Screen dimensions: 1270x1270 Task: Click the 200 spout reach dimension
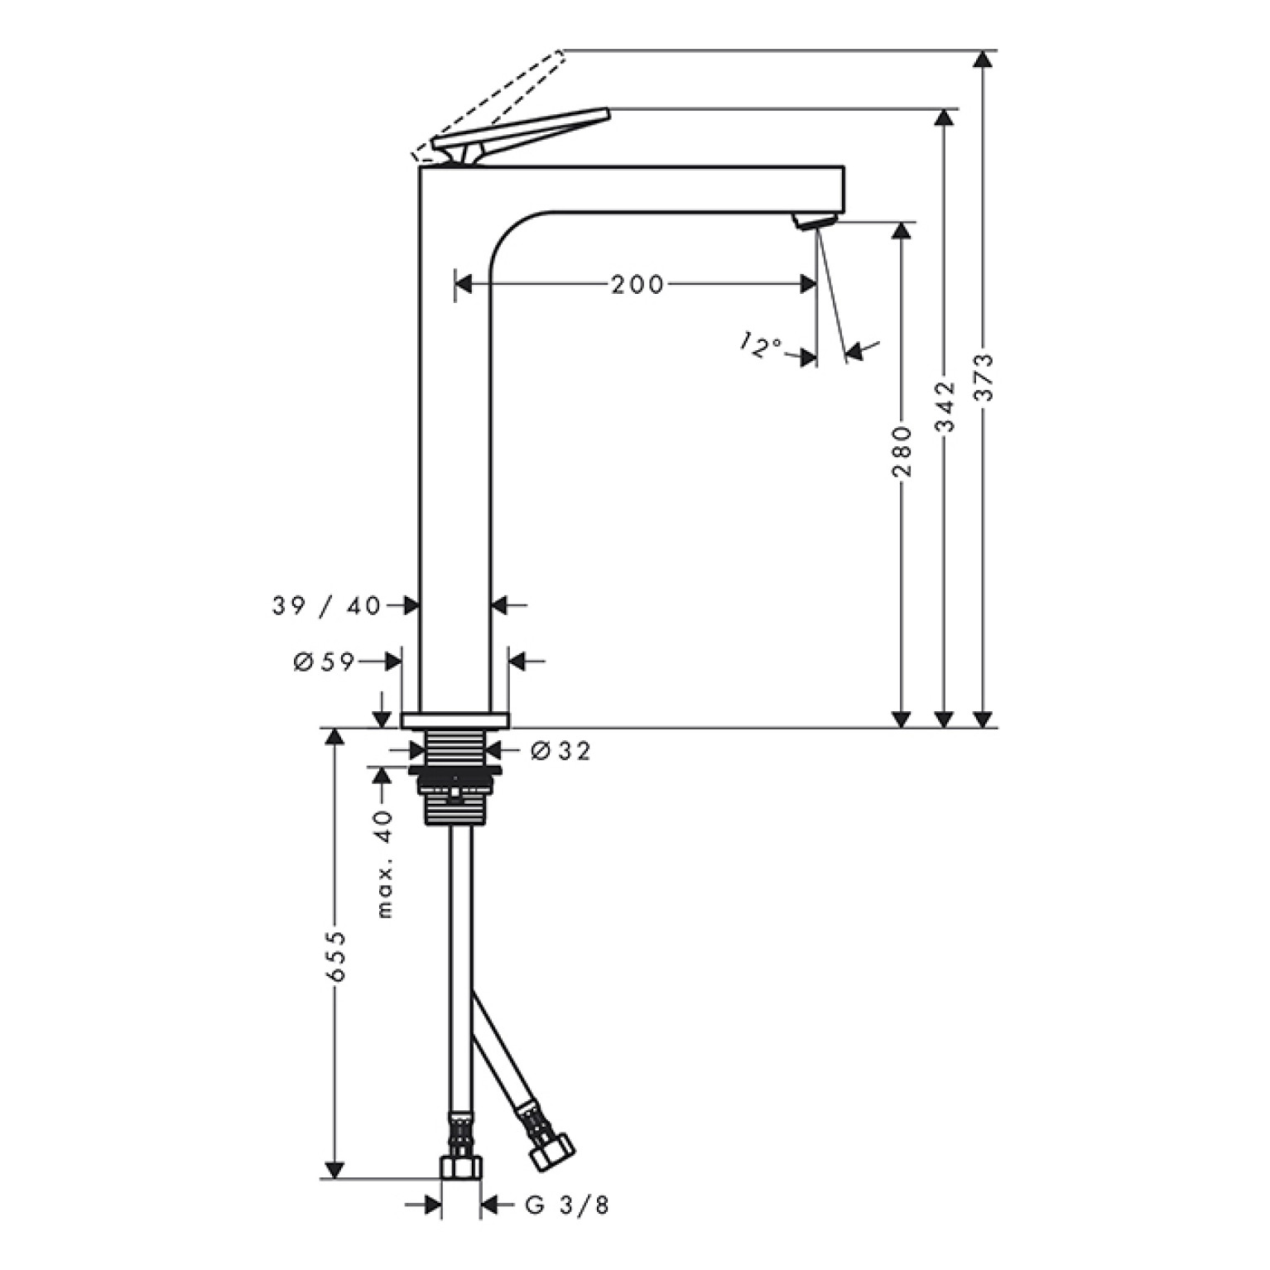pos(637,285)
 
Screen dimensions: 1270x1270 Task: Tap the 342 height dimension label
pos(945,406)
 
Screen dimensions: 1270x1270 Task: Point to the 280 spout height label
pos(902,451)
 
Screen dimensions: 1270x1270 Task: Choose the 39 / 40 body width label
pos(326,606)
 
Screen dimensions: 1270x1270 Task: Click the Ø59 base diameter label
pos(324,661)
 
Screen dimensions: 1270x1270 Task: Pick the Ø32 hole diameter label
pos(560,751)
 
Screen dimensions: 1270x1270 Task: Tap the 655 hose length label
pos(336,956)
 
